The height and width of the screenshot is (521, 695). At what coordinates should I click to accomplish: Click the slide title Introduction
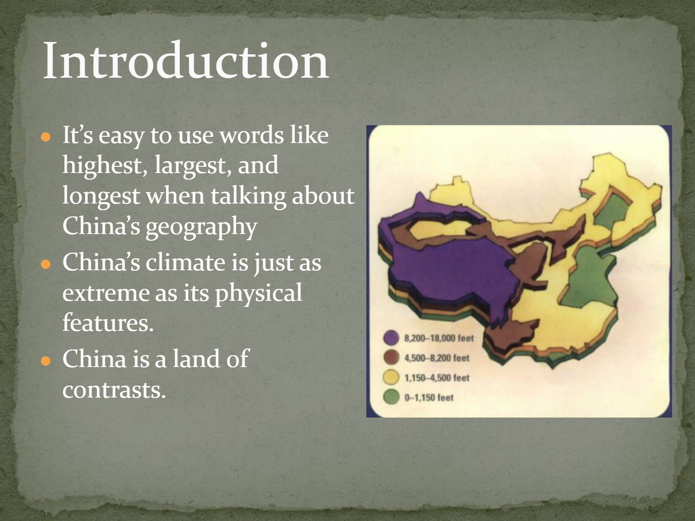tap(186, 60)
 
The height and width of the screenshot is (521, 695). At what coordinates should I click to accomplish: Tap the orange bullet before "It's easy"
tap(46, 137)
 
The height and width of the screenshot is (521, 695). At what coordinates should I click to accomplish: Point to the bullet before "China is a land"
tap(46, 361)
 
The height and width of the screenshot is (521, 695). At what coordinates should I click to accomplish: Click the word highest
tap(105, 166)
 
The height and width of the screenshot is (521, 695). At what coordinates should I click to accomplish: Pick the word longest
tap(101, 196)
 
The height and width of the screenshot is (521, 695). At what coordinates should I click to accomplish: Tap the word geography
tap(201, 227)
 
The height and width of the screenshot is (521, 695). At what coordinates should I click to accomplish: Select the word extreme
tap(105, 294)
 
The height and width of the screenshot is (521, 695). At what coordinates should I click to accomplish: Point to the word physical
tap(259, 294)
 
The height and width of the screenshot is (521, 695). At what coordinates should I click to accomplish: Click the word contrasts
tap(114, 390)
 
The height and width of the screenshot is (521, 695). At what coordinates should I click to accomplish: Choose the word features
tap(108, 322)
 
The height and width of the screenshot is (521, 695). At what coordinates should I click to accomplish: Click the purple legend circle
tap(391, 338)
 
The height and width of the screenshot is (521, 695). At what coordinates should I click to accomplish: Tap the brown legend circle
tap(391, 358)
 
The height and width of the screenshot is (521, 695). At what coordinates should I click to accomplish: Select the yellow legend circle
tap(391, 378)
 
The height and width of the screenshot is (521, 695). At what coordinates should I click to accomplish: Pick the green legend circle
tap(391, 397)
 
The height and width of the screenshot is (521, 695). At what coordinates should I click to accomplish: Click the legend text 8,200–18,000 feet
tap(439, 338)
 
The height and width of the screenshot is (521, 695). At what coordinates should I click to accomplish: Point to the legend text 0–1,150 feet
tap(429, 398)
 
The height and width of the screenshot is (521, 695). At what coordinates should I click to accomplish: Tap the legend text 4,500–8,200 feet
tap(436, 358)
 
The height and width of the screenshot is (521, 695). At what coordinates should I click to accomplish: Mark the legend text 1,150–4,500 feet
tap(437, 378)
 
